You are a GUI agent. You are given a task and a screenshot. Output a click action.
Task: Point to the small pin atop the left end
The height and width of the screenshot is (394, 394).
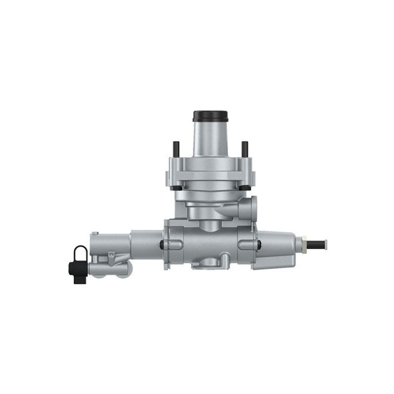(x=95, y=234)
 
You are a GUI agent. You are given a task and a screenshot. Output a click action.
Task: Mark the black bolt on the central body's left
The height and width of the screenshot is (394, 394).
(x=161, y=245)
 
